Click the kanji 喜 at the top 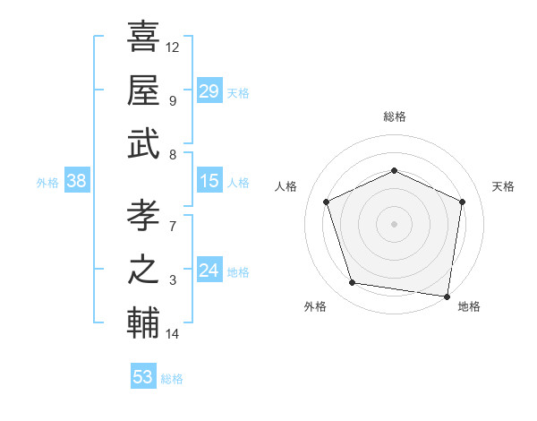point(143,38)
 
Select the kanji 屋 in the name point(143,90)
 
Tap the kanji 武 point(143,143)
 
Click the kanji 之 point(143,270)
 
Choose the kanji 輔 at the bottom point(143,324)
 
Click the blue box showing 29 point(209,91)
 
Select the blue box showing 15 point(209,182)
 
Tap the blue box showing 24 point(209,271)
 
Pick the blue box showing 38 point(76,182)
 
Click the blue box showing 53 point(143,377)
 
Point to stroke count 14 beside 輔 point(173,335)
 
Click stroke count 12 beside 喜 point(173,47)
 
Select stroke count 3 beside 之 point(173,281)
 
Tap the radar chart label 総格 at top point(394,116)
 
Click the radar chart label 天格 point(503,186)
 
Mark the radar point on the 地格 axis point(447,296)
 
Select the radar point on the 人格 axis point(328,202)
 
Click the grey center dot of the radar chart point(394,223)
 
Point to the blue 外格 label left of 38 point(47,183)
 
